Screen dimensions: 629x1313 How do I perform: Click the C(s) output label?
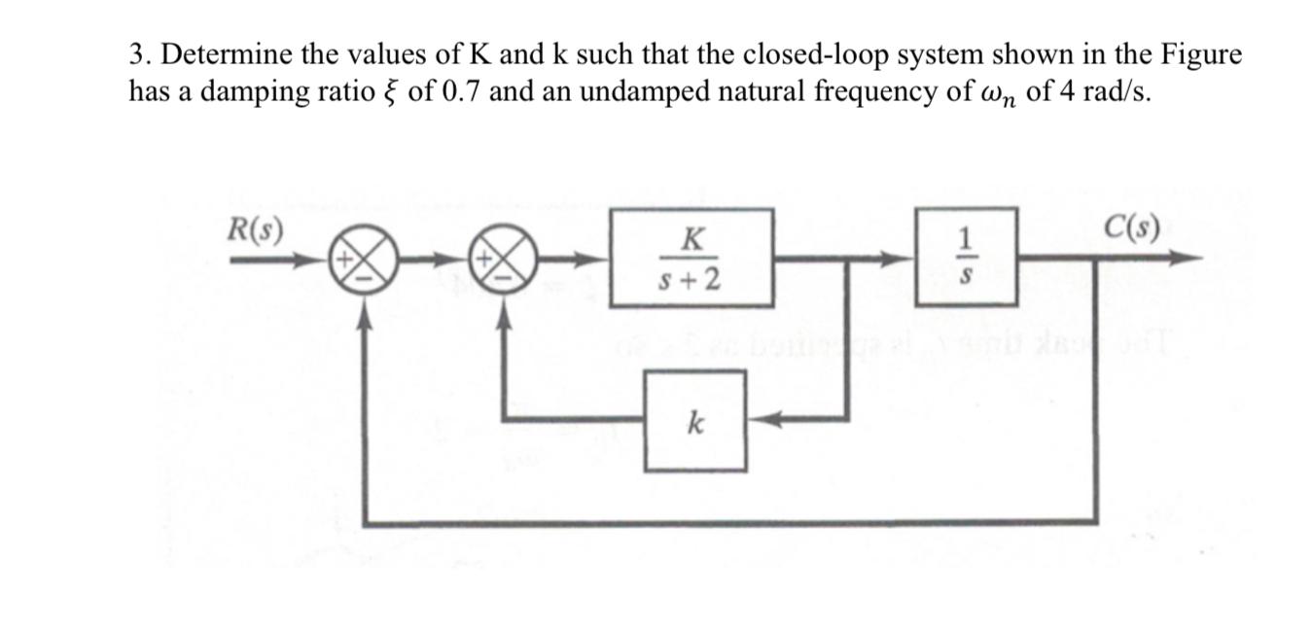tap(1132, 230)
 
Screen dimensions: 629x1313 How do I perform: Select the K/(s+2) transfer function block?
tap(692, 258)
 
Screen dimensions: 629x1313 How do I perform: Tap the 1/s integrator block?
tap(966, 258)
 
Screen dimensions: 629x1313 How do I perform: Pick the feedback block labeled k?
tap(695, 422)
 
